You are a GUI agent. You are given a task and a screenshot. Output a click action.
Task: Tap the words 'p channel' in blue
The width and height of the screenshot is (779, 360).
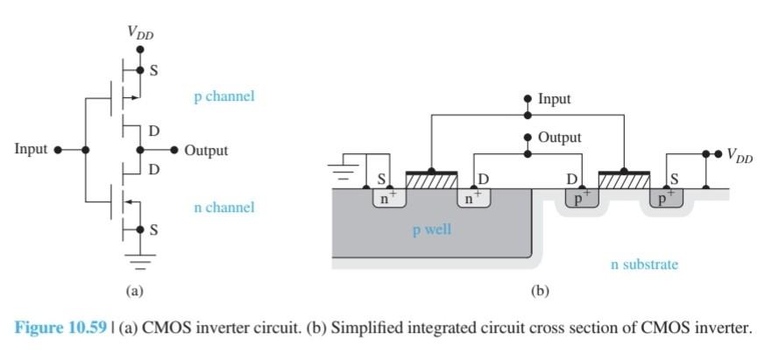click(x=223, y=96)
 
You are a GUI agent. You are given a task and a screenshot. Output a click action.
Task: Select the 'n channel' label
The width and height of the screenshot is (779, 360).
click(x=223, y=208)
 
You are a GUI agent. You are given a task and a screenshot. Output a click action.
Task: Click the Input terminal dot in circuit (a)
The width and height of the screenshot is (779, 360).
click(x=58, y=150)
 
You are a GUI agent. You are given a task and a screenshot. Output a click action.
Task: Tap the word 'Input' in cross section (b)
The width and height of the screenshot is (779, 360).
click(x=554, y=99)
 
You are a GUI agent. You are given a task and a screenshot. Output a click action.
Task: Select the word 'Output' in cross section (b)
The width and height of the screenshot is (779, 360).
click(x=559, y=138)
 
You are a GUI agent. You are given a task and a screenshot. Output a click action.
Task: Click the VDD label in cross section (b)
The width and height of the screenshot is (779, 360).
click(x=740, y=155)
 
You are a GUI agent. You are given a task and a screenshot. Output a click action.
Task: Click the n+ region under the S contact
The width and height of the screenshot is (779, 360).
click(x=383, y=198)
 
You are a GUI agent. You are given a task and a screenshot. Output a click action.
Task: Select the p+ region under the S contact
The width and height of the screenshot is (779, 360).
click(x=668, y=198)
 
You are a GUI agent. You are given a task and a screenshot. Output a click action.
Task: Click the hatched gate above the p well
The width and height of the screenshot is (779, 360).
click(x=428, y=180)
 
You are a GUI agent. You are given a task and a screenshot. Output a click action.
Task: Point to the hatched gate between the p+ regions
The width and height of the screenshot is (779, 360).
click(x=624, y=180)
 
